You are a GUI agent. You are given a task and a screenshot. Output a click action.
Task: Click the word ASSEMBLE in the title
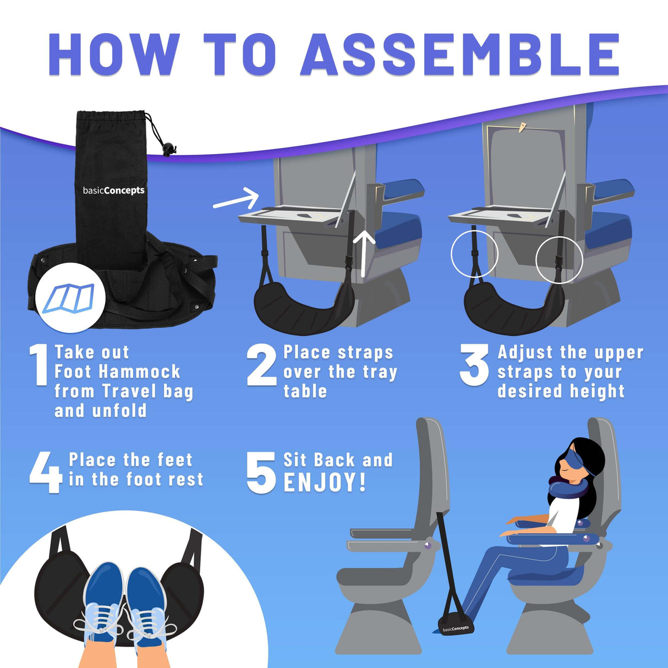tap(460, 54)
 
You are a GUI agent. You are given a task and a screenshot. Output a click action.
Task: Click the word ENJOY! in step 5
tap(325, 483)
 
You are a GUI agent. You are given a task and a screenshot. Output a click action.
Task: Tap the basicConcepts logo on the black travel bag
tap(113, 190)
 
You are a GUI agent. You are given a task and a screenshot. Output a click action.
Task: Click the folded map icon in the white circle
tap(69, 298)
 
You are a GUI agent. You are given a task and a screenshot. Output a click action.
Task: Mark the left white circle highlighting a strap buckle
tap(474, 254)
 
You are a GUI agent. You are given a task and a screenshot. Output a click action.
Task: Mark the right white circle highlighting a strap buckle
tap(559, 259)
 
